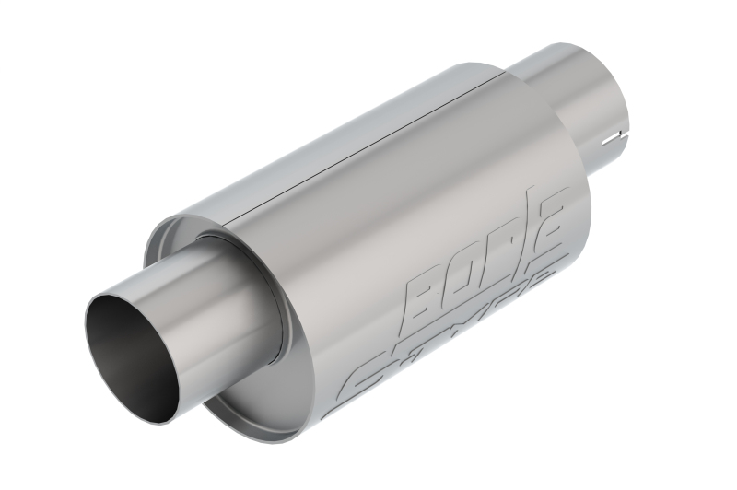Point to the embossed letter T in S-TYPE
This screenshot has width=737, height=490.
coord(433,355)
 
